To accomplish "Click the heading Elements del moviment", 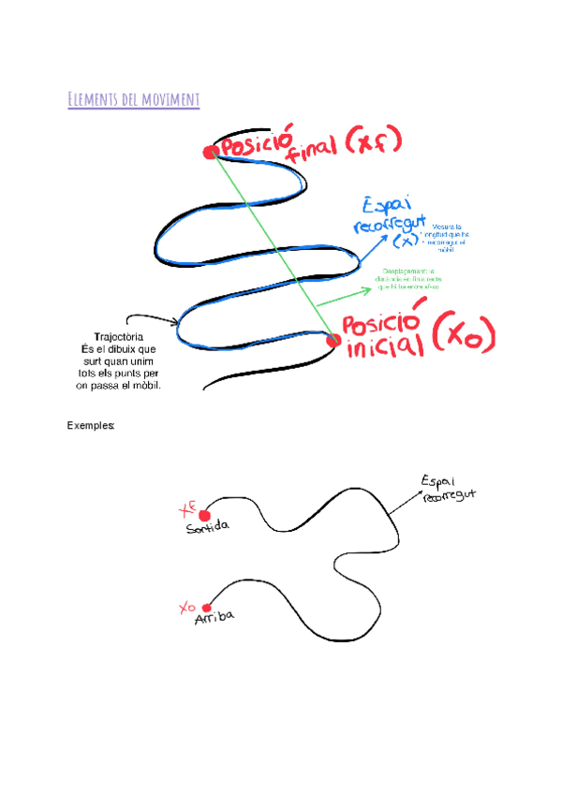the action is tap(134, 99).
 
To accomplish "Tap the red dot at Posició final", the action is tap(212, 153).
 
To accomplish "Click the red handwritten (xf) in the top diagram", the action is tap(371, 143).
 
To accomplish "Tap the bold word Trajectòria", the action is tap(118, 336).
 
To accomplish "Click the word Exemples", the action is tap(91, 425).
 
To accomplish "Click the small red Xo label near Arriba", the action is tap(187, 608).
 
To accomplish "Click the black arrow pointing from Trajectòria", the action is tap(153, 319).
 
